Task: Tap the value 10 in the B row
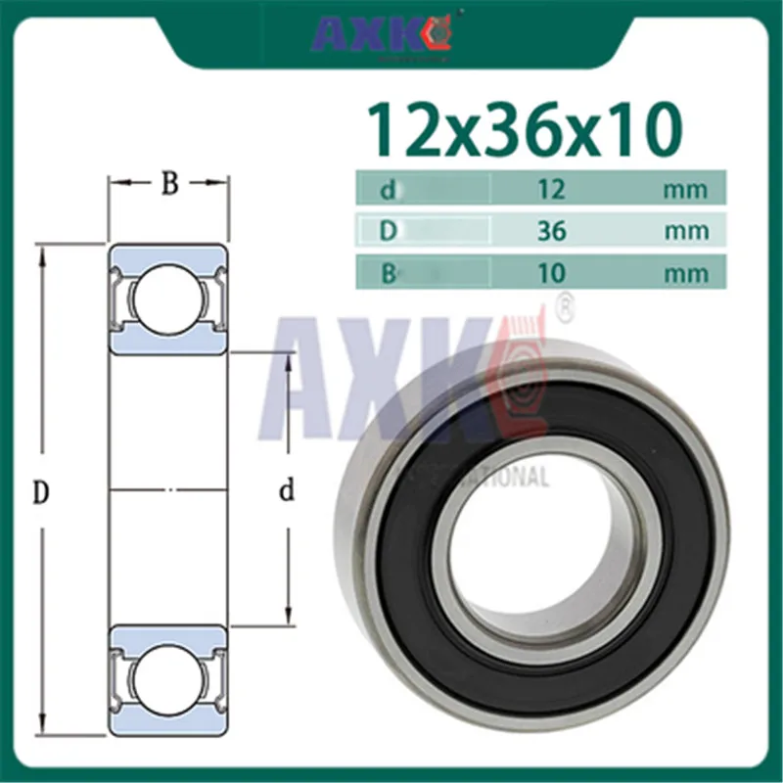pyautogui.click(x=550, y=271)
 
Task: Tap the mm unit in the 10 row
pyautogui.click(x=685, y=272)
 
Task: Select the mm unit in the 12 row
pyautogui.click(x=685, y=188)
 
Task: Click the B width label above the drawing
pyautogui.click(x=169, y=183)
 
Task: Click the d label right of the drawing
pyautogui.click(x=287, y=490)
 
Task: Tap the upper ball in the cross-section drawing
pyautogui.click(x=168, y=298)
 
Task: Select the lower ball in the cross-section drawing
pyautogui.click(x=168, y=677)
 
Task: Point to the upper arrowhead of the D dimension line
pyautogui.click(x=42, y=254)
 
